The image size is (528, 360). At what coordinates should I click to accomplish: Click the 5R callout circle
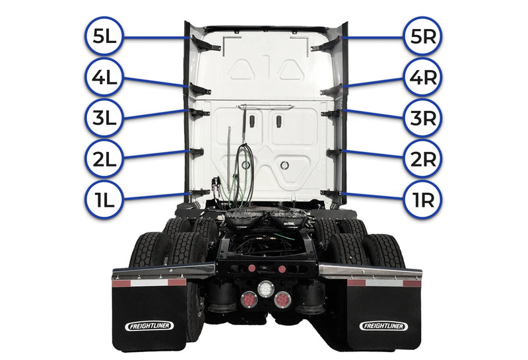click(x=420, y=36)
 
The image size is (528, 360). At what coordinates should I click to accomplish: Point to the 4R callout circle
click(x=420, y=77)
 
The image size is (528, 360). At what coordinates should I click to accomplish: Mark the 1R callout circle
click(x=420, y=198)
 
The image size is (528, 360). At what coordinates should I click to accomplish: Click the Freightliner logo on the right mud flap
click(x=383, y=326)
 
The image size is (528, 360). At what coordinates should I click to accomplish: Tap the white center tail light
click(x=266, y=288)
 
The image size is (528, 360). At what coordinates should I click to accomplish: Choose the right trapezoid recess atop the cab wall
click(x=290, y=69)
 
